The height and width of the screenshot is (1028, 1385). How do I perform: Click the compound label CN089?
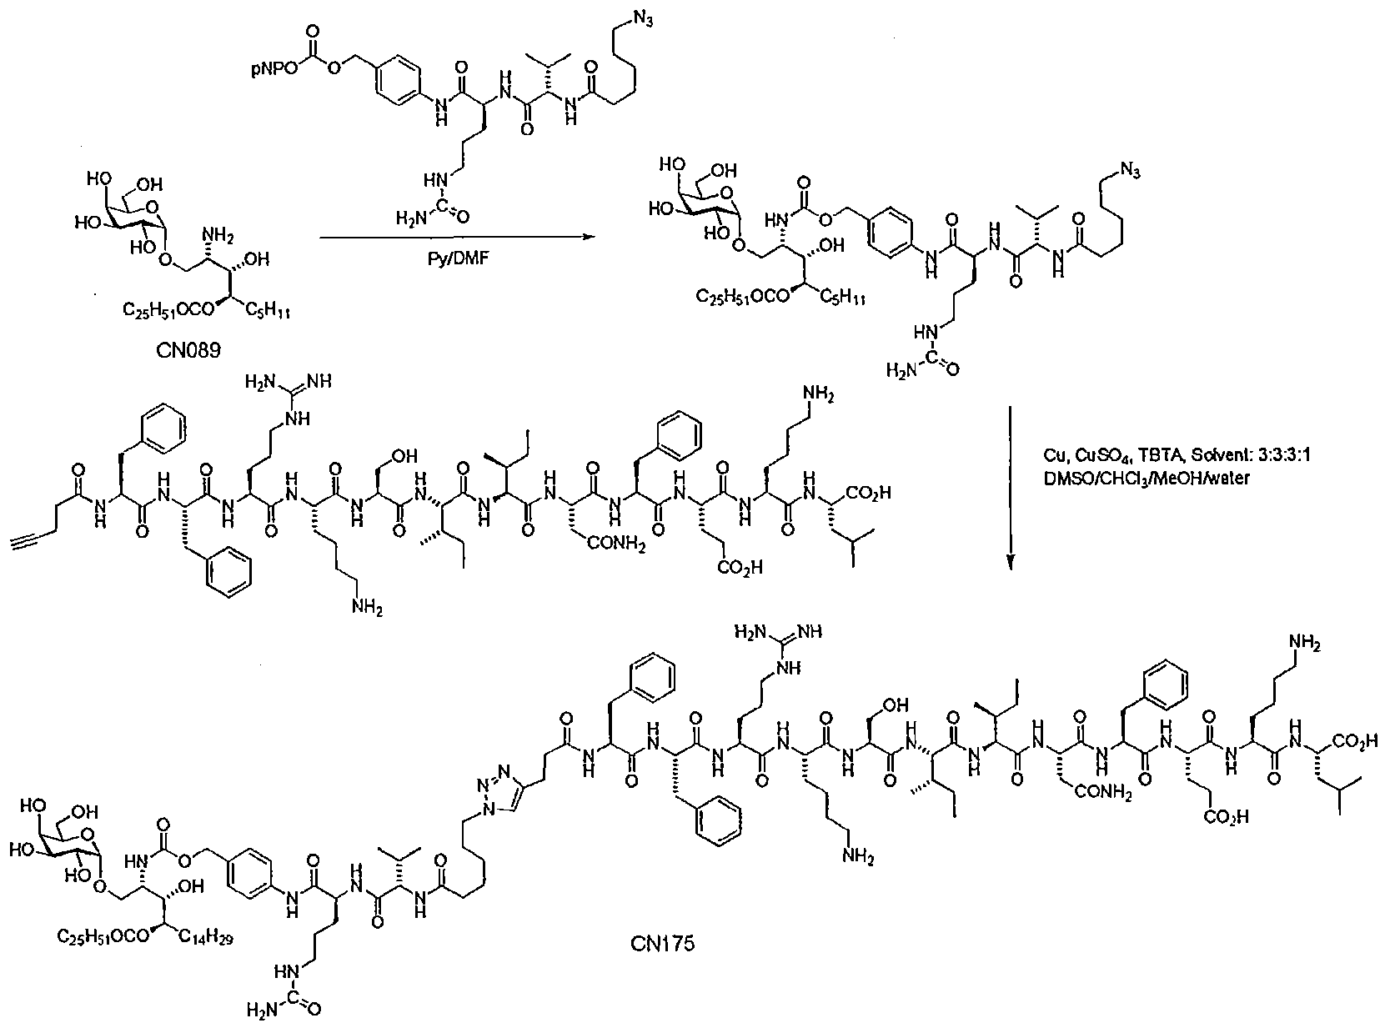[x=188, y=350]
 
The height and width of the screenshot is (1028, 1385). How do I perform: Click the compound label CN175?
[x=662, y=943]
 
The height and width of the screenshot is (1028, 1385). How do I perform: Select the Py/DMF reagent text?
[x=459, y=258]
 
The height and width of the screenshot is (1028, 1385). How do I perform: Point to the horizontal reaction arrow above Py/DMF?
[x=455, y=238]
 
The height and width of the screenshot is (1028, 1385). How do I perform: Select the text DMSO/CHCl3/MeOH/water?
[x=1147, y=479]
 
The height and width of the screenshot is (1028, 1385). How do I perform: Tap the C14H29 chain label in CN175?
[x=207, y=937]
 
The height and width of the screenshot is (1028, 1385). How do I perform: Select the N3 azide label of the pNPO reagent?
[x=643, y=20]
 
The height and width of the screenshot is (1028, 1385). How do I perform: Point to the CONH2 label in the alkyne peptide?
[x=615, y=544]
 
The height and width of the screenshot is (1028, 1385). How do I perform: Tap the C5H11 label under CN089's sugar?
[x=268, y=310]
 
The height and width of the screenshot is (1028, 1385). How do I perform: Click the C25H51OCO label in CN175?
[x=103, y=936]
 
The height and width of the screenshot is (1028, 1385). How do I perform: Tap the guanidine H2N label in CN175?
[x=750, y=632]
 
